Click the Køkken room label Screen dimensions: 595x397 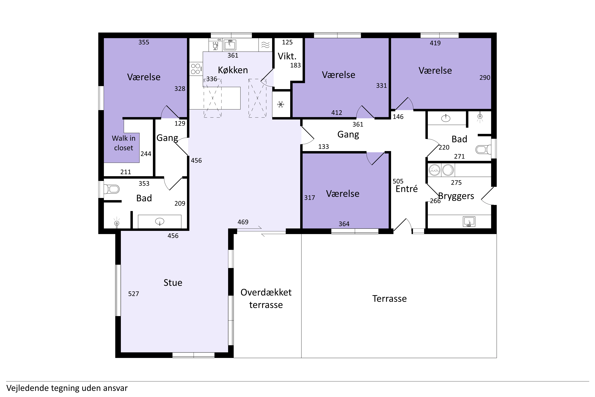pos(233,70)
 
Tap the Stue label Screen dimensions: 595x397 pos(173,283)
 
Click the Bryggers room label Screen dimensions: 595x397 pos(456,196)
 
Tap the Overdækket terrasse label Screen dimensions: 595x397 pos(266,299)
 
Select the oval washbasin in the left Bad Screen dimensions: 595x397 pos(160,222)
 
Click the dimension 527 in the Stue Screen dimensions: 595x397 pos(134,294)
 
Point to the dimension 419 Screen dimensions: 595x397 pos(435,43)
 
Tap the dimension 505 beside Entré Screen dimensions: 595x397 pos(398,181)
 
